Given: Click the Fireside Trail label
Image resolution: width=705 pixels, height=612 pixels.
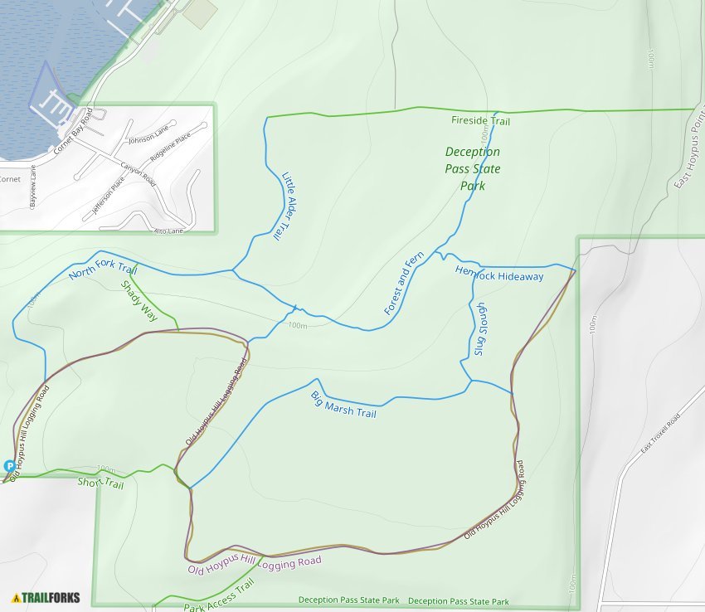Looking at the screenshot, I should coord(480,122).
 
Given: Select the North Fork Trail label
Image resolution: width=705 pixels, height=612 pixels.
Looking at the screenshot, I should coord(103,269).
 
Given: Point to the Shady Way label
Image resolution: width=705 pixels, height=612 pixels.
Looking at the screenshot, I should coord(139,301).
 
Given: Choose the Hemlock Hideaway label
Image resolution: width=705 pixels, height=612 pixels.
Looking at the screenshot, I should coord(498,274).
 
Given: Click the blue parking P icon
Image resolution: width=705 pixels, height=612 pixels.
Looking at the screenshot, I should coord(9,466).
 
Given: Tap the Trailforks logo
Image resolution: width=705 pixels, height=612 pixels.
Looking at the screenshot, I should coord(46,597).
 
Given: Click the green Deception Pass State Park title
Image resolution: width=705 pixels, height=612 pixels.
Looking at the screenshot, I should coord(474,168).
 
